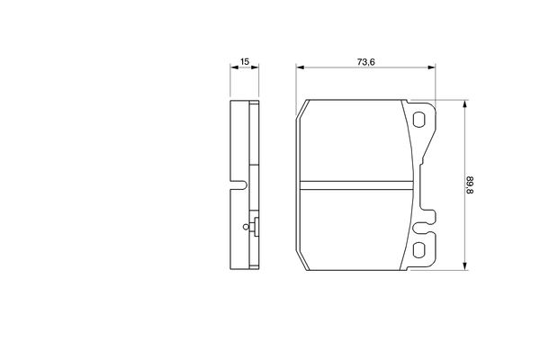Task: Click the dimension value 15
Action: (x=244, y=62)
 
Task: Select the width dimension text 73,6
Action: (x=364, y=62)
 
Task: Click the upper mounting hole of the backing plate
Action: (x=420, y=119)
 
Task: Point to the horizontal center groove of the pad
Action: (x=357, y=185)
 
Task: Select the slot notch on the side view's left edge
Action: (x=238, y=188)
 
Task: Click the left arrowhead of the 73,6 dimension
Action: (x=301, y=67)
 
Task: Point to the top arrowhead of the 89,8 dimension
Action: (x=464, y=103)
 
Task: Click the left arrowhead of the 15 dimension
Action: (x=233, y=67)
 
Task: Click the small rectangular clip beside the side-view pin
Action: (x=256, y=228)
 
